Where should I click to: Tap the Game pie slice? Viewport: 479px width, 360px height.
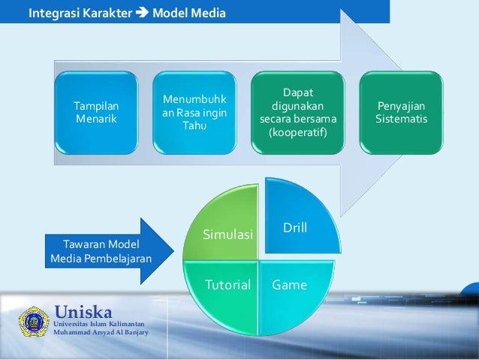click(289, 289)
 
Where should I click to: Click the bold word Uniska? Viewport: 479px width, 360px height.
click(83, 311)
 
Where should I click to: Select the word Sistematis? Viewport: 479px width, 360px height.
click(402, 119)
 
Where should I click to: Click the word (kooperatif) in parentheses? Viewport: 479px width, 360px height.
click(299, 132)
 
